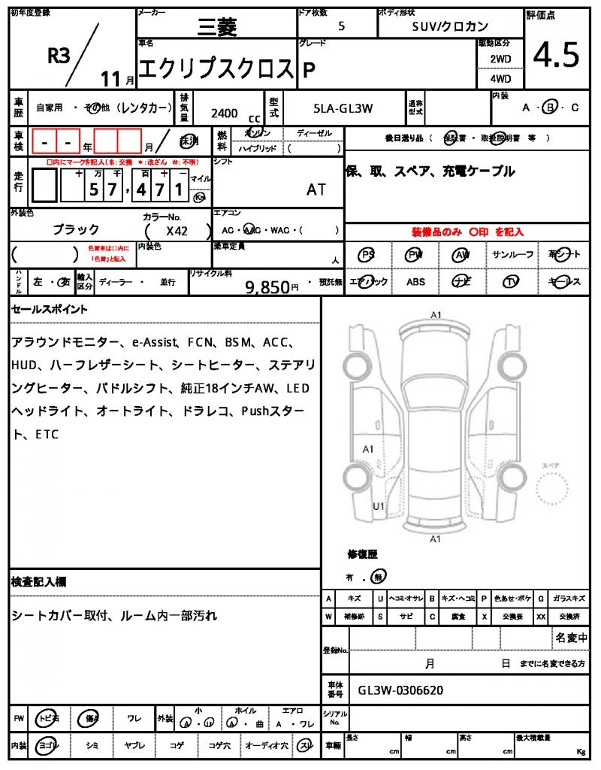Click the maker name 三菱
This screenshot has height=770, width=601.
point(216,27)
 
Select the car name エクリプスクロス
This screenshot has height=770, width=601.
point(216,68)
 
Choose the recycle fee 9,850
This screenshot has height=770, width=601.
point(267,286)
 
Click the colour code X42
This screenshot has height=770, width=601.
point(177,231)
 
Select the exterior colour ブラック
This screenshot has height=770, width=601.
point(76,229)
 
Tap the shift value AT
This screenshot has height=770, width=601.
point(316,189)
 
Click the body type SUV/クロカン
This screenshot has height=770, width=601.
point(451,26)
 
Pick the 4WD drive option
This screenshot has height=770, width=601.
point(500,78)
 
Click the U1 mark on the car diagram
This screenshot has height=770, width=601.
point(379,506)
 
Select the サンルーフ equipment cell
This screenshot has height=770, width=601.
point(512,255)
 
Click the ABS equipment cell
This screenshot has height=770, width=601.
point(415,282)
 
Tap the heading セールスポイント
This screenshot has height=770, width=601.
point(49,309)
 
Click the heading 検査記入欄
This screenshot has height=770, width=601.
point(38,582)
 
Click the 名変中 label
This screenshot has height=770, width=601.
point(571,638)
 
